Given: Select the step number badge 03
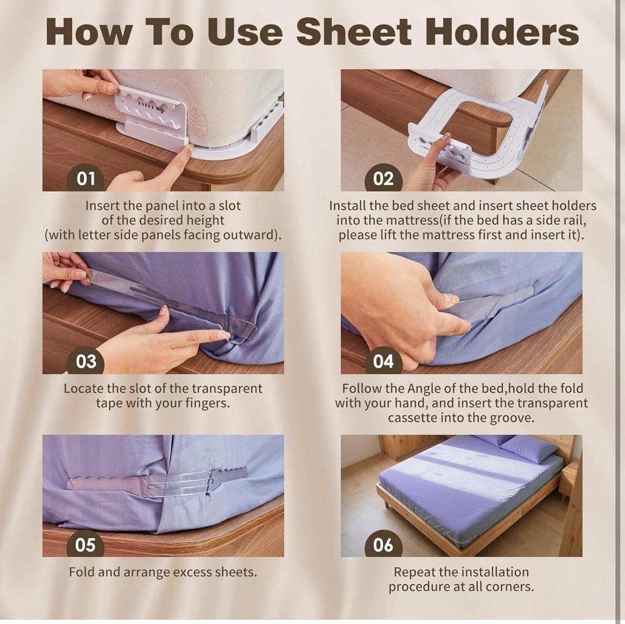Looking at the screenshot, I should (86, 361).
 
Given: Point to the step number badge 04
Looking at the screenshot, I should (383, 361).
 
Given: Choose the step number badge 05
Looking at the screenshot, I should (86, 544).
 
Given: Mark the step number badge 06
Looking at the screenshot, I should (383, 544).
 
